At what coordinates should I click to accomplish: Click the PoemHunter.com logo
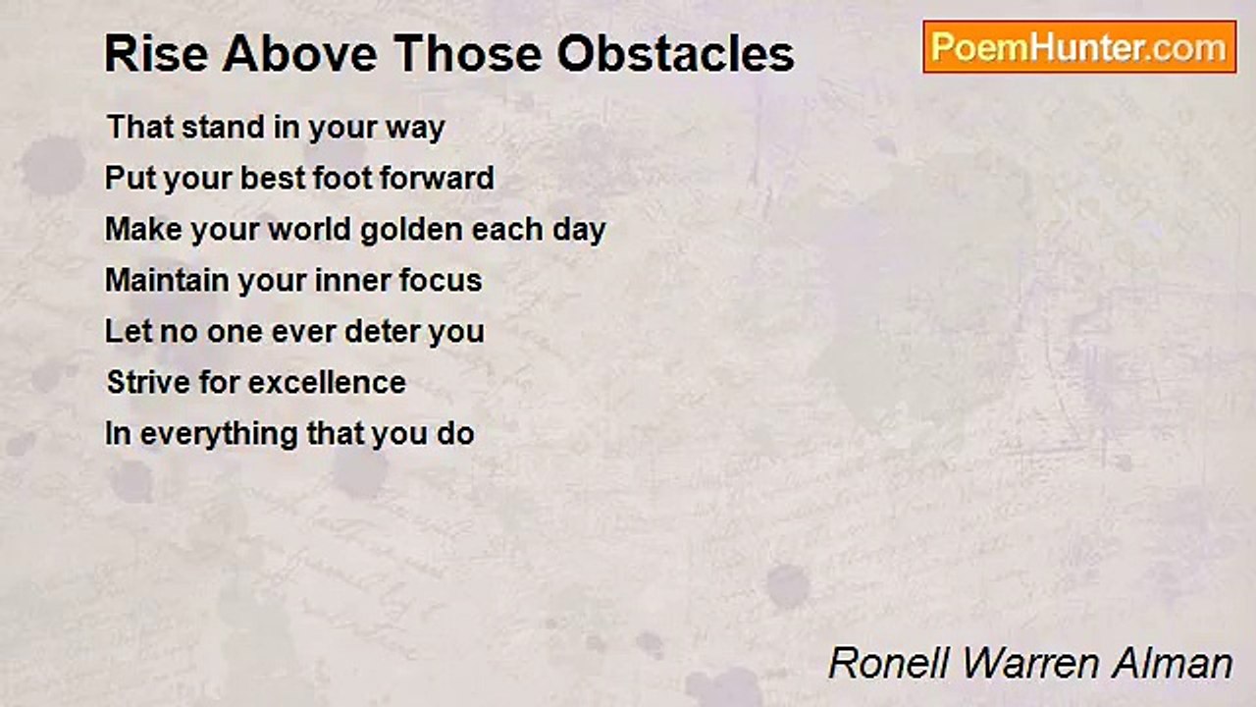point(1078,47)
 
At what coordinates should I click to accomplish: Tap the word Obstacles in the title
point(676,54)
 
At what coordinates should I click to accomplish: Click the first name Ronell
point(889,664)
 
